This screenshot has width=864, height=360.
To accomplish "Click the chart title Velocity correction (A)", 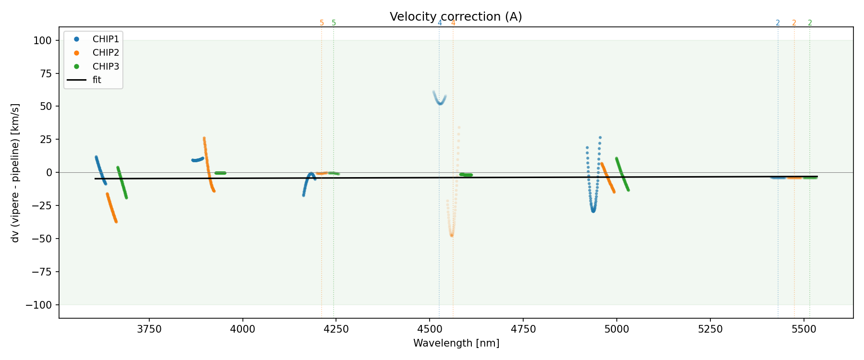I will (456, 17).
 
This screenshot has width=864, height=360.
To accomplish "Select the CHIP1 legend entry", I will (106, 39).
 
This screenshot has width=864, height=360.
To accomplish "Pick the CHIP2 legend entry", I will (106, 53).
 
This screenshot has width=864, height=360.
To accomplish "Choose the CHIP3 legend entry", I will (106, 66).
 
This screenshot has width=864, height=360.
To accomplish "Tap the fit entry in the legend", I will (97, 80).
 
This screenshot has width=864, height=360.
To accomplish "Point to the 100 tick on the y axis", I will (42, 41).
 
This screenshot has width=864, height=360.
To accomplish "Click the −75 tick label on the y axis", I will (40, 272).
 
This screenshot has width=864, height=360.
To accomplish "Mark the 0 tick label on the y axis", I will (48, 173).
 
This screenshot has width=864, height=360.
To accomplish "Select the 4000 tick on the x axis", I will (243, 329).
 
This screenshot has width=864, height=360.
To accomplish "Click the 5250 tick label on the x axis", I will (710, 329).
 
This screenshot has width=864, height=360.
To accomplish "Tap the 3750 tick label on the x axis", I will (149, 329).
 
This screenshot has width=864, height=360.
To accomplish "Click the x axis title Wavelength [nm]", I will (456, 344).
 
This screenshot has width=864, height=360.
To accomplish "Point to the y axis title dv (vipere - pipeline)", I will (15, 173).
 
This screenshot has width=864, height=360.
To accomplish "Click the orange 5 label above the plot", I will (322, 23).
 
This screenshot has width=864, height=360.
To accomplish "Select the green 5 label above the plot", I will (334, 23).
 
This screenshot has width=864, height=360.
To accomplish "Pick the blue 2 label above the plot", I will (778, 23).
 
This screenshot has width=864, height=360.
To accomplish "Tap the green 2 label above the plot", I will (810, 23).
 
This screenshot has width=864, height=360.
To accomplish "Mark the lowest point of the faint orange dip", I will (452, 235).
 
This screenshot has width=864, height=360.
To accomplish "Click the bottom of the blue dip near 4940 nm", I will (593, 210).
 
